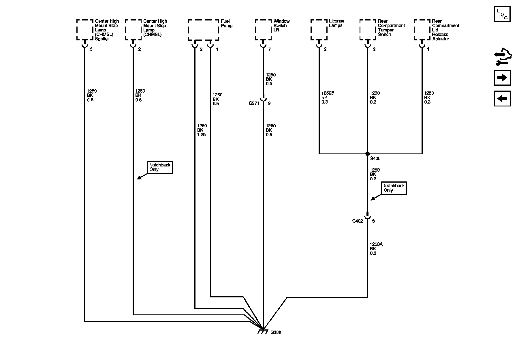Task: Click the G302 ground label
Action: pyautogui.click(x=276, y=332)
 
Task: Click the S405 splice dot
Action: pyautogui.click(x=367, y=154)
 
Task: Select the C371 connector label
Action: pyautogui.click(x=254, y=103)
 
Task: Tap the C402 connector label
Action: pyautogui.click(x=358, y=221)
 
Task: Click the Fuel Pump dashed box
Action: pyautogui.click(x=203, y=30)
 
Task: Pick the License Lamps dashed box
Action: pyautogui.click(x=319, y=30)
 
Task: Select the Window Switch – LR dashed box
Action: pyautogui.click(x=263, y=30)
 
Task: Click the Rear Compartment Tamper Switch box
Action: pyautogui.click(x=368, y=30)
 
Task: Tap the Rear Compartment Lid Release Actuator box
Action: pyautogui.click(x=422, y=30)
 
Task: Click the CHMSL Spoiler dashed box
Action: pyautogui.click(x=85, y=30)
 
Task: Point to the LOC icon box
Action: pyautogui.click(x=502, y=14)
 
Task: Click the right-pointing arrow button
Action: pyautogui.click(x=502, y=78)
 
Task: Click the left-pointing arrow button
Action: pyautogui.click(x=502, y=99)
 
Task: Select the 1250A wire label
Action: pyautogui.click(x=376, y=244)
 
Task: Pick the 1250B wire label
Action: pyautogui.click(x=328, y=93)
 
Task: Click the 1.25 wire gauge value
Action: pyautogui.click(x=201, y=135)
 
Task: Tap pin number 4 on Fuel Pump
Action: pyautogui.click(x=217, y=49)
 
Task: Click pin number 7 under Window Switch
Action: pyautogui.click(x=269, y=49)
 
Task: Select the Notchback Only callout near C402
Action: pyautogui.click(x=394, y=188)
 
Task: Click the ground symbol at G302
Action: pyautogui.click(x=262, y=332)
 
